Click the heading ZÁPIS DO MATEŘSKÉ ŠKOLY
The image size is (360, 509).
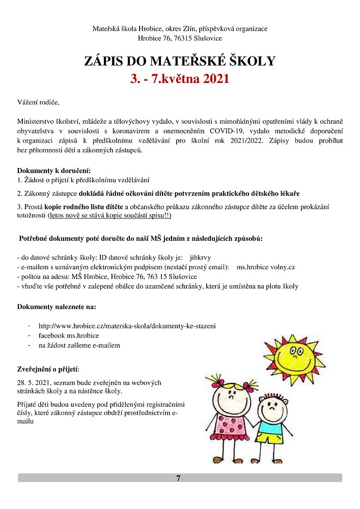coord(179,62)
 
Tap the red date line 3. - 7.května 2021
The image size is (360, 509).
coord(179,79)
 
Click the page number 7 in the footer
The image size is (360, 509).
coord(178,478)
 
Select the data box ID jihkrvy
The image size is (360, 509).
coord(200,258)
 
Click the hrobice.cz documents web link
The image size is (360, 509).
coord(127,326)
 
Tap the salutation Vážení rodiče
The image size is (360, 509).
coord(38,103)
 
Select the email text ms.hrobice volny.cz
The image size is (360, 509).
coord(266,267)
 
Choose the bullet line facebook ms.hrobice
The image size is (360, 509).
coord(68,335)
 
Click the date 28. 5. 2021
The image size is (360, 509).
coord(34,382)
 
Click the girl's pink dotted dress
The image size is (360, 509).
coord(233,420)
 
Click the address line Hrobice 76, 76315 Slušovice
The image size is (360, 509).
coord(179,38)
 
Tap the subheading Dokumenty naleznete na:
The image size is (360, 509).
coord(57,307)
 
